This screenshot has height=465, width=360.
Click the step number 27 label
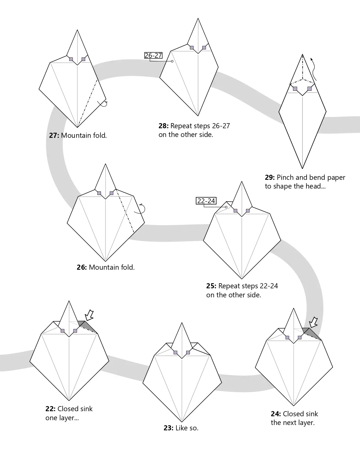[x=54, y=136]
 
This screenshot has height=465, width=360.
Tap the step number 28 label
[x=163, y=126]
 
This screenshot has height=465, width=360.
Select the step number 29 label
[x=270, y=178]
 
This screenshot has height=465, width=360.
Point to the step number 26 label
[x=82, y=267]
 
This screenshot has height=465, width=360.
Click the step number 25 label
[x=211, y=286]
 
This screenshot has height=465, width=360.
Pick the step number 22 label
[x=50, y=409]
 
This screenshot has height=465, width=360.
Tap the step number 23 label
[x=168, y=428]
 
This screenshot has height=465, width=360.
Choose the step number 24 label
[x=276, y=414]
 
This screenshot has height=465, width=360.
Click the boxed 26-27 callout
[x=153, y=56]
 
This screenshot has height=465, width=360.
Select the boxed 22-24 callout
[x=206, y=201]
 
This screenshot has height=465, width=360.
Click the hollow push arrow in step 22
[x=89, y=315]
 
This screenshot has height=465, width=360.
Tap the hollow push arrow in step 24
[x=313, y=322]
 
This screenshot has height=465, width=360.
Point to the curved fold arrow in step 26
[x=141, y=209]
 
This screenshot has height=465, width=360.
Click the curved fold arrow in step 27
[x=103, y=104]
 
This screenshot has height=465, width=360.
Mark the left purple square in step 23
[x=175, y=352]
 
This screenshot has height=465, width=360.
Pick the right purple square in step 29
[x=309, y=88]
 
